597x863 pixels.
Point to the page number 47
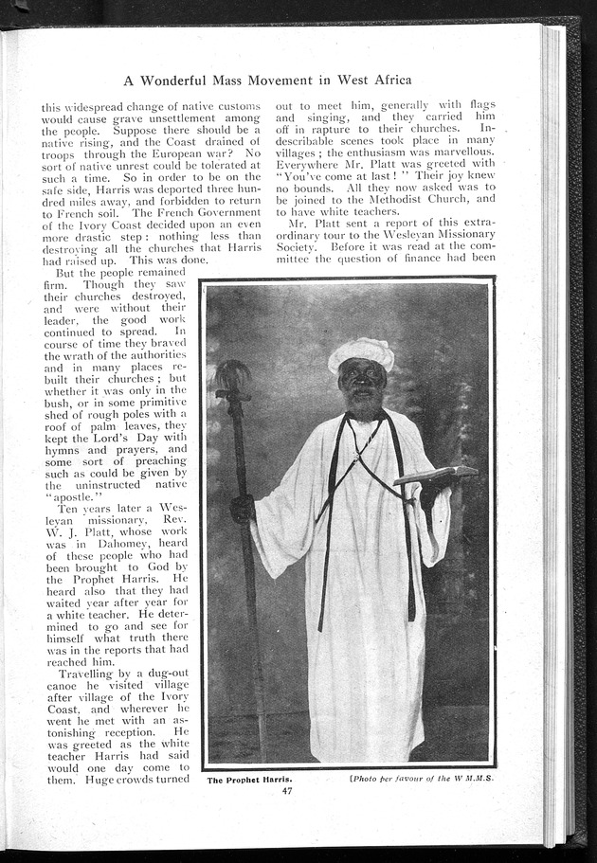click(x=286, y=791)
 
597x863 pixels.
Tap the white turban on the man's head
click(x=361, y=352)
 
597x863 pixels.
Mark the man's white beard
click(x=361, y=403)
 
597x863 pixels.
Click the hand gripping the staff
click(x=244, y=509)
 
